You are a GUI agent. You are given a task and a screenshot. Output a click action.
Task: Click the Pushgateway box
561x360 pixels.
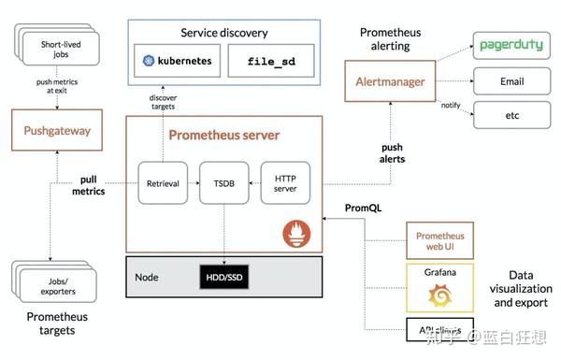(57, 131)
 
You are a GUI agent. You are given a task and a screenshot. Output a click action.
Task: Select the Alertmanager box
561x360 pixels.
(389, 82)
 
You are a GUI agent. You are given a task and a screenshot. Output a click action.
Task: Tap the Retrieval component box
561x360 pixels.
(163, 184)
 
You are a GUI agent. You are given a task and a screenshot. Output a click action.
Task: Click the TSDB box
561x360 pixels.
(223, 184)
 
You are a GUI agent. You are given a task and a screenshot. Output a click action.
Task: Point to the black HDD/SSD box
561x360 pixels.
(223, 278)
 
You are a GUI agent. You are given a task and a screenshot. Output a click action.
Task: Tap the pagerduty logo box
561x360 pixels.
(511, 45)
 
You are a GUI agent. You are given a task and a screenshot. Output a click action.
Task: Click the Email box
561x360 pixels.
(511, 81)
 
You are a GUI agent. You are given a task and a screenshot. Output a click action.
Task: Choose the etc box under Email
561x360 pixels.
(511, 115)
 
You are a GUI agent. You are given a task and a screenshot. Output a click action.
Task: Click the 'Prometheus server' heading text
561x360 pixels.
(223, 135)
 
